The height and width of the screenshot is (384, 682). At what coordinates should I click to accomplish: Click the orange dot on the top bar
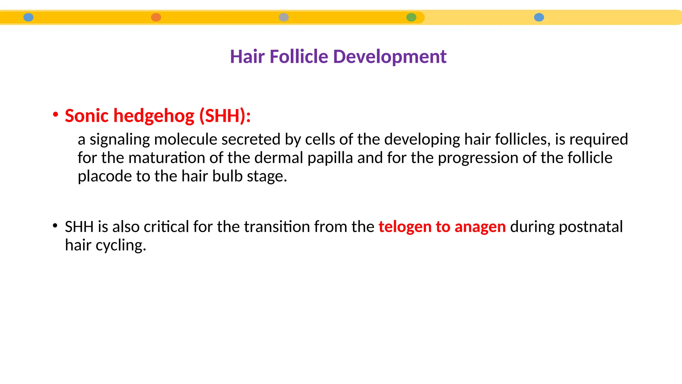pos(156,17)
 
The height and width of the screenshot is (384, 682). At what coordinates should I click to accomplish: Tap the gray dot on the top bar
pos(283,17)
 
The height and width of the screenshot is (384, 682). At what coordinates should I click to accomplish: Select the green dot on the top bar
pos(411,17)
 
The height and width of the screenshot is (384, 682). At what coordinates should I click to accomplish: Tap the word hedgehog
pos(154,116)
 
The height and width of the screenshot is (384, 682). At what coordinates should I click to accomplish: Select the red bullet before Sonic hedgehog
pos(56,114)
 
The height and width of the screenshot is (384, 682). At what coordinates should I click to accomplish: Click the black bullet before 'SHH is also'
pos(55,225)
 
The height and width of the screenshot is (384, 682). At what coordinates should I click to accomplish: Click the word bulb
pos(227,176)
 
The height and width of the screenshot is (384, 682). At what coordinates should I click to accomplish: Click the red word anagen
pos(480,227)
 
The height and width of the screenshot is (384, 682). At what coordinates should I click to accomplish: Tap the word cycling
pos(121,246)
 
